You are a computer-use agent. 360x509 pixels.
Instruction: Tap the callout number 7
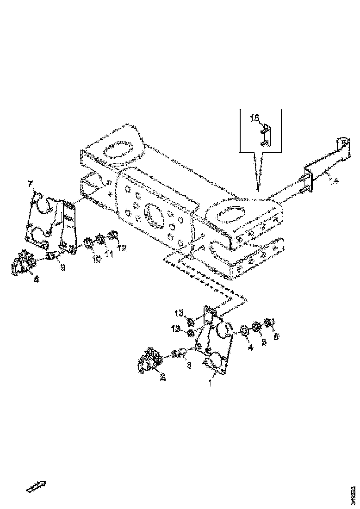coord(31,185)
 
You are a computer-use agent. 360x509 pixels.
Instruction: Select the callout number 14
coord(334,181)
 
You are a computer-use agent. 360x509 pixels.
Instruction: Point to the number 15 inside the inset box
coord(255,118)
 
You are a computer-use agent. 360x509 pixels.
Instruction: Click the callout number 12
coord(122,249)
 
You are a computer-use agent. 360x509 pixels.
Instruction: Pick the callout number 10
coord(96,259)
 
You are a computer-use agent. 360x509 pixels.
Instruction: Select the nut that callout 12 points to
coord(112,236)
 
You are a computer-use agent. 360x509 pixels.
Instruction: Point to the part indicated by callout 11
coord(99,239)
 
